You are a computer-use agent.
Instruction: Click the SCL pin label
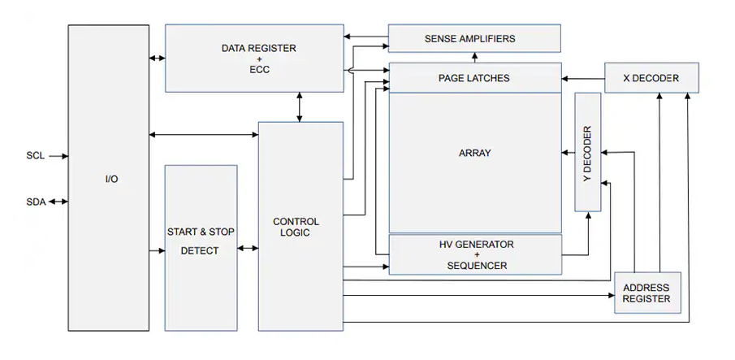click(x=35, y=155)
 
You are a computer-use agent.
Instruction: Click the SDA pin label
click(x=35, y=202)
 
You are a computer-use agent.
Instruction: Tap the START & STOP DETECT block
click(x=201, y=241)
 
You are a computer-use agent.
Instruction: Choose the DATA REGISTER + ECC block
click(x=254, y=59)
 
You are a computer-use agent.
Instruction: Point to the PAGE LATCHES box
click(x=474, y=78)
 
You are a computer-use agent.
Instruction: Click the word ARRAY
click(x=474, y=153)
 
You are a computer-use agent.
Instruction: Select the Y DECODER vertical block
click(x=587, y=152)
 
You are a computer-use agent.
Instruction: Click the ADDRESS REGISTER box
click(x=646, y=293)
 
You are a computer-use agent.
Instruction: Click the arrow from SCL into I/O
click(x=57, y=155)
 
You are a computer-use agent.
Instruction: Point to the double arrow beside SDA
click(x=57, y=202)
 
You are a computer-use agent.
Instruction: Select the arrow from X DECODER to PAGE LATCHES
click(x=582, y=78)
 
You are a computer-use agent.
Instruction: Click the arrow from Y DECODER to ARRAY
click(x=568, y=152)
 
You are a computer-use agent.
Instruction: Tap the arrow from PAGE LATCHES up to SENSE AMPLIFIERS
click(x=474, y=57)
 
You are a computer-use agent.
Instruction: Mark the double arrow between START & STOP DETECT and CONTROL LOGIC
click(x=248, y=251)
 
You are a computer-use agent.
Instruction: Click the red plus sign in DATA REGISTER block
click(x=259, y=59)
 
